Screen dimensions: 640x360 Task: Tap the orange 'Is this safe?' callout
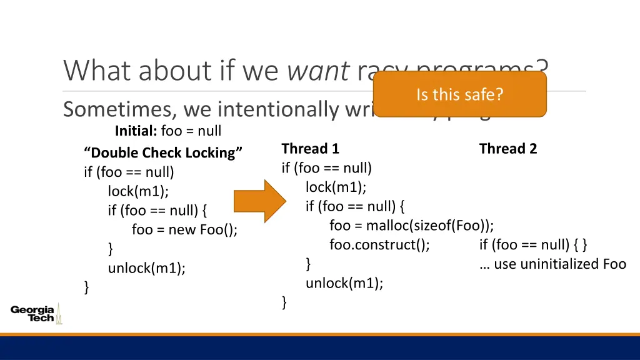click(460, 94)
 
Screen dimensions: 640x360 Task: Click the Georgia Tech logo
click(36, 313)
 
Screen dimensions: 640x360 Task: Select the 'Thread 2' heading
click(507, 149)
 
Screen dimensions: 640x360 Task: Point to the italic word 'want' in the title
click(317, 70)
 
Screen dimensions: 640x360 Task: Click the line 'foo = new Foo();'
click(184, 229)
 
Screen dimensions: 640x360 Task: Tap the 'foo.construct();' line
click(379, 244)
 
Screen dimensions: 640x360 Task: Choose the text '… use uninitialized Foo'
click(552, 264)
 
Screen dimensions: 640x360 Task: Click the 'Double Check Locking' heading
click(163, 153)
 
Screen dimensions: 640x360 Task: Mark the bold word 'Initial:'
click(136, 131)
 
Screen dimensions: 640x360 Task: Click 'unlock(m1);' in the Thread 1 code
click(344, 283)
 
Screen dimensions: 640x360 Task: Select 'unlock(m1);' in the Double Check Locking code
click(147, 268)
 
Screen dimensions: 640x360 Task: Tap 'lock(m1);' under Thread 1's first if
click(336, 187)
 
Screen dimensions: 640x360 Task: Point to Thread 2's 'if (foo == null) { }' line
click(533, 244)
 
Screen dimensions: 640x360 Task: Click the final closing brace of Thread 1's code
click(284, 302)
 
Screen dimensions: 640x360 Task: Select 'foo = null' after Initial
click(191, 131)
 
